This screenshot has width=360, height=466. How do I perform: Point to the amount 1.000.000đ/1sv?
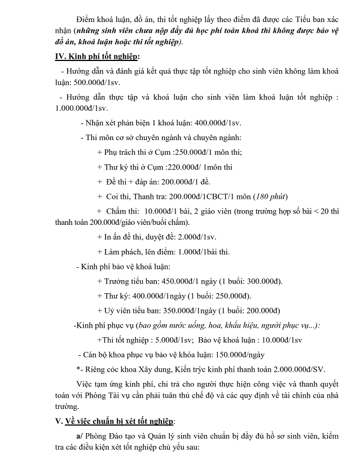pyautogui.click(x=81, y=108)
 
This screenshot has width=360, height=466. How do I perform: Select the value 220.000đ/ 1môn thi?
pyautogui.click(x=199, y=167)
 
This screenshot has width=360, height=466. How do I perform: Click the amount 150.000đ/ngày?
pyautogui.click(x=237, y=354)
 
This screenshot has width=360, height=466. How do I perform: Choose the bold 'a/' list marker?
pyautogui.click(x=80, y=435)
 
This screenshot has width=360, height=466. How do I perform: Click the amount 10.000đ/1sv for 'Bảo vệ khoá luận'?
pyautogui.click(x=280, y=339)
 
